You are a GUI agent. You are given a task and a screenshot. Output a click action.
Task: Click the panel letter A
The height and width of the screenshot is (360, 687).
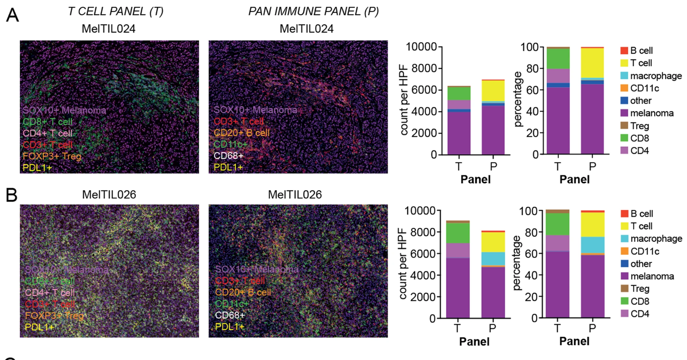pos(12,15)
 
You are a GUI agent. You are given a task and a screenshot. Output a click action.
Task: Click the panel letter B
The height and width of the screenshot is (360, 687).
pos(12,195)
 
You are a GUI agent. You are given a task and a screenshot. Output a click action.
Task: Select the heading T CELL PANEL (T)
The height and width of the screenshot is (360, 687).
pos(115,11)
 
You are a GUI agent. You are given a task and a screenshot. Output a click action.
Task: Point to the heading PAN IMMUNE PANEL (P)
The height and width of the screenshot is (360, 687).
pos(313,11)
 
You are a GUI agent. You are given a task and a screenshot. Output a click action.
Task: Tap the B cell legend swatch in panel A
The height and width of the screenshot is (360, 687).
pos(624,51)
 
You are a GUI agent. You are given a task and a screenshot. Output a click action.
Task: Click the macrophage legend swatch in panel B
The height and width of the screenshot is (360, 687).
pos(625,239)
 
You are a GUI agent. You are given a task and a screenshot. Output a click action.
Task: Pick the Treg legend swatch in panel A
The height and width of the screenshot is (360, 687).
pos(624,126)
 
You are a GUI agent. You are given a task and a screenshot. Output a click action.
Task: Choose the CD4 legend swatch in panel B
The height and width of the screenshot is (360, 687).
pos(625,313)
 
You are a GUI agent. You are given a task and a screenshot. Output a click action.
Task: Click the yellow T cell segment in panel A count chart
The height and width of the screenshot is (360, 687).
pos(493,91)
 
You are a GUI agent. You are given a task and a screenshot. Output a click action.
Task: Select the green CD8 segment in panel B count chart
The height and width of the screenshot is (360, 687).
pos(457,233)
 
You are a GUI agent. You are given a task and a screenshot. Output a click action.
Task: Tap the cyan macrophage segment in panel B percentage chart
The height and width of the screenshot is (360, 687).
pos(592,245)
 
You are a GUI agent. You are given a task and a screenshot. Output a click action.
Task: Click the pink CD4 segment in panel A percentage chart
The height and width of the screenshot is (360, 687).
pos(558,75)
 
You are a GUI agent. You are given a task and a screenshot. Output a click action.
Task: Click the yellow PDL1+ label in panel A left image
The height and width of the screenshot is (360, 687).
pos(37,167)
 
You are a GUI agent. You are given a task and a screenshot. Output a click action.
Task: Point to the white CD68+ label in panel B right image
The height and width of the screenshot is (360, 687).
pos(230,315)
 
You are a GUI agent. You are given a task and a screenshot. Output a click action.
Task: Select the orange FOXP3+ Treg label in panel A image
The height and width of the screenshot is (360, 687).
pos(52,156)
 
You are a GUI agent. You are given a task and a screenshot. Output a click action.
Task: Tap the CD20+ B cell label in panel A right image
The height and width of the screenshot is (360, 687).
pos(241,133)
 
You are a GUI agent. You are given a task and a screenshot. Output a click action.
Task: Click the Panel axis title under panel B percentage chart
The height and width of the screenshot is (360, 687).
pos(574,341)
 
